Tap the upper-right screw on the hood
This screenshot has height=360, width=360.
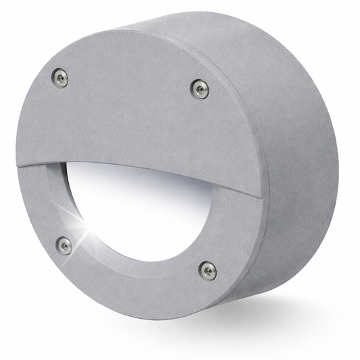point(199,88)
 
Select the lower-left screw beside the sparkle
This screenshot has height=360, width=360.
point(64,245)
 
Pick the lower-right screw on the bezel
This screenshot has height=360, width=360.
point(208,271)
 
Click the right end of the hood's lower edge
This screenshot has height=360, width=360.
point(260,197)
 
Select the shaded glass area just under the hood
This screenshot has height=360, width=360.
point(135,179)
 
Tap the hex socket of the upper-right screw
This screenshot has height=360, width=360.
point(199,88)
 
